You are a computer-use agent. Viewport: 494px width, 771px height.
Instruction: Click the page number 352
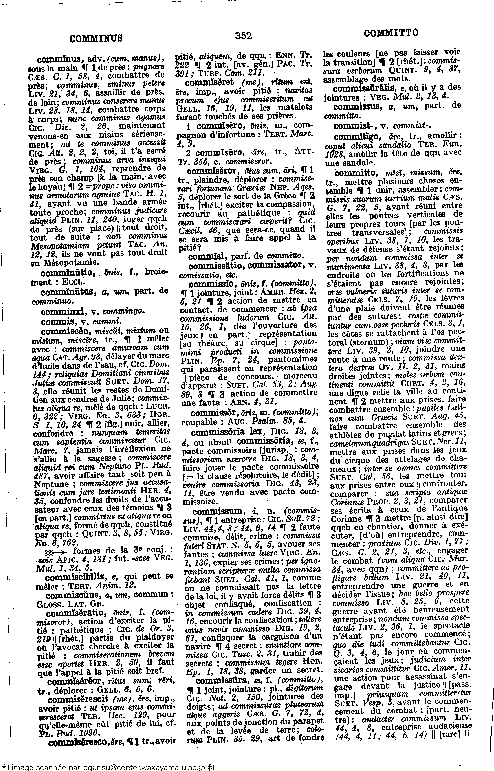tap(243, 36)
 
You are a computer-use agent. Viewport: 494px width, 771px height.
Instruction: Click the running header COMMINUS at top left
tap(96, 39)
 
